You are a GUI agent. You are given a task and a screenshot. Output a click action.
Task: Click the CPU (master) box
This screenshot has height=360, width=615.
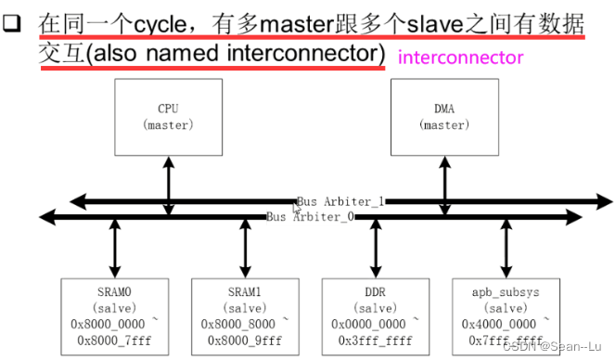pyautogui.click(x=168, y=117)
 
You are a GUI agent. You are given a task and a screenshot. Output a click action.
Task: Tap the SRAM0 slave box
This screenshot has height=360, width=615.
pyautogui.click(x=115, y=315)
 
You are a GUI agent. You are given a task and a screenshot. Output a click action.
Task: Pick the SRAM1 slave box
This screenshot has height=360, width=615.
pyautogui.click(x=246, y=315)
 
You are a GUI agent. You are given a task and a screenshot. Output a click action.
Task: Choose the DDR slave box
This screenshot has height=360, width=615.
pyautogui.click(x=376, y=315)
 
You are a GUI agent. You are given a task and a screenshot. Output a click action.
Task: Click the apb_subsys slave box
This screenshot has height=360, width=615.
pyautogui.click(x=506, y=315)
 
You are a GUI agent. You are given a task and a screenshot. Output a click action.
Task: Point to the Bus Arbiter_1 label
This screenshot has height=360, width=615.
pyautogui.click(x=340, y=201)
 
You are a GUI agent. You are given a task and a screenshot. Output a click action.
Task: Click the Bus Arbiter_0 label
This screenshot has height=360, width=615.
pyautogui.click(x=310, y=217)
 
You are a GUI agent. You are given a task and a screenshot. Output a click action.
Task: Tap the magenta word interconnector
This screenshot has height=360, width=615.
pyautogui.click(x=460, y=58)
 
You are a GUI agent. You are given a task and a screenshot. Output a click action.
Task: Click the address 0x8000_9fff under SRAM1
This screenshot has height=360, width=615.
pyautogui.click(x=246, y=341)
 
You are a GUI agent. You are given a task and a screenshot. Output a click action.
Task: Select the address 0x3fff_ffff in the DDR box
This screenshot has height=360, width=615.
pyautogui.click(x=376, y=341)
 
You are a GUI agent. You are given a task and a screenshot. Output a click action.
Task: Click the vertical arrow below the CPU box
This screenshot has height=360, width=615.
pyautogui.click(x=168, y=186)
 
